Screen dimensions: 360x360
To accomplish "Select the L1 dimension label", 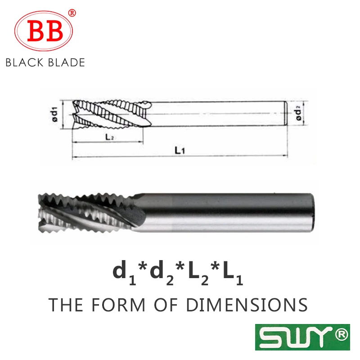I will (180, 151).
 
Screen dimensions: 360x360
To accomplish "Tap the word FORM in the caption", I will (113, 305).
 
